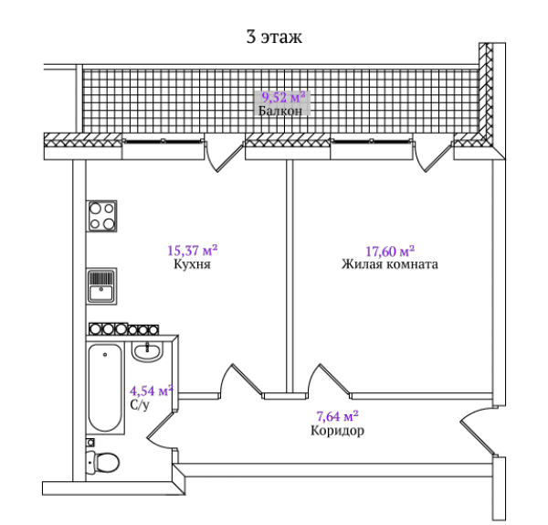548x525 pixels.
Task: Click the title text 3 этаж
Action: [274, 37]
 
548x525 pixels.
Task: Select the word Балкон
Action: [280, 111]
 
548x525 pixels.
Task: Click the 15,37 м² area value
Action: [192, 250]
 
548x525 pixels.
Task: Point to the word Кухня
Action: [192, 264]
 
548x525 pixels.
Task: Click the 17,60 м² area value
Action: [390, 251]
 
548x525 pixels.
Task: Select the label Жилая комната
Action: [390, 264]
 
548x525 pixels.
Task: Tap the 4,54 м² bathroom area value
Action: [152, 391]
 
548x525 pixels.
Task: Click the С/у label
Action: [140, 405]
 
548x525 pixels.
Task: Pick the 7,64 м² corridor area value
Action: [337, 416]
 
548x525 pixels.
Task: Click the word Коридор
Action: [337, 431]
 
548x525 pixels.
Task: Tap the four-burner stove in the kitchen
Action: [101, 216]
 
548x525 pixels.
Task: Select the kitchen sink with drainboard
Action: [101, 286]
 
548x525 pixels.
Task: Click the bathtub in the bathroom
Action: [105, 389]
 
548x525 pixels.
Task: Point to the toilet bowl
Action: [103, 462]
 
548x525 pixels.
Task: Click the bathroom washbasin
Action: [147, 352]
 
